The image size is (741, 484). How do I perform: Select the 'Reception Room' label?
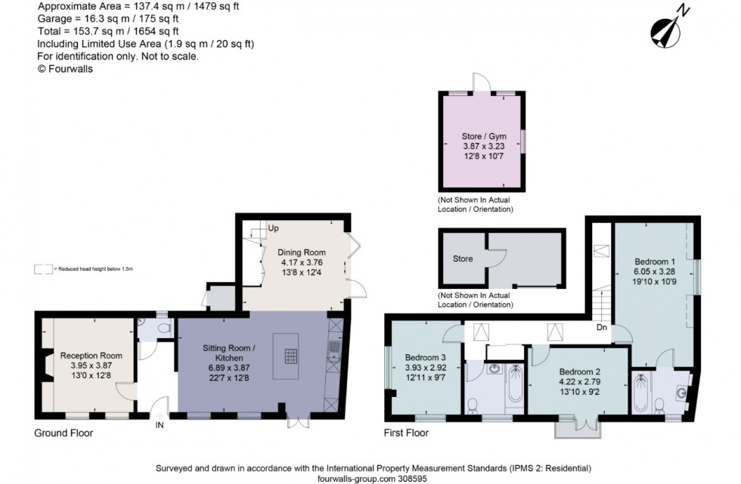click(x=91, y=355)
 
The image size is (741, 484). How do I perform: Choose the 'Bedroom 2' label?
click(x=579, y=372)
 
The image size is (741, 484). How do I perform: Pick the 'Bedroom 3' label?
click(x=425, y=358)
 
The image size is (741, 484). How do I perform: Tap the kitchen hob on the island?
click(x=290, y=355)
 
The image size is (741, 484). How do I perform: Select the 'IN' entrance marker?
click(x=160, y=425)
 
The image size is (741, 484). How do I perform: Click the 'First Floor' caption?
click(x=407, y=433)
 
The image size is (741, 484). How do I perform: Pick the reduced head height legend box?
click(x=43, y=268)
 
